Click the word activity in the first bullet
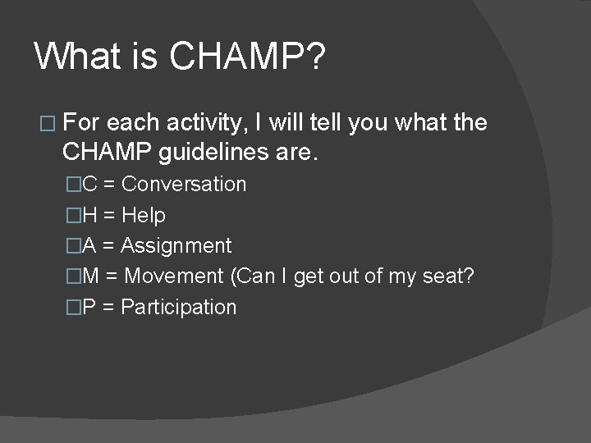point(199,123)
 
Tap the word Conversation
point(184,185)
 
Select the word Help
point(144,215)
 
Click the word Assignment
point(176,246)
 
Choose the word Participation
point(179,308)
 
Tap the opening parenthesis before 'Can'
point(236,276)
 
